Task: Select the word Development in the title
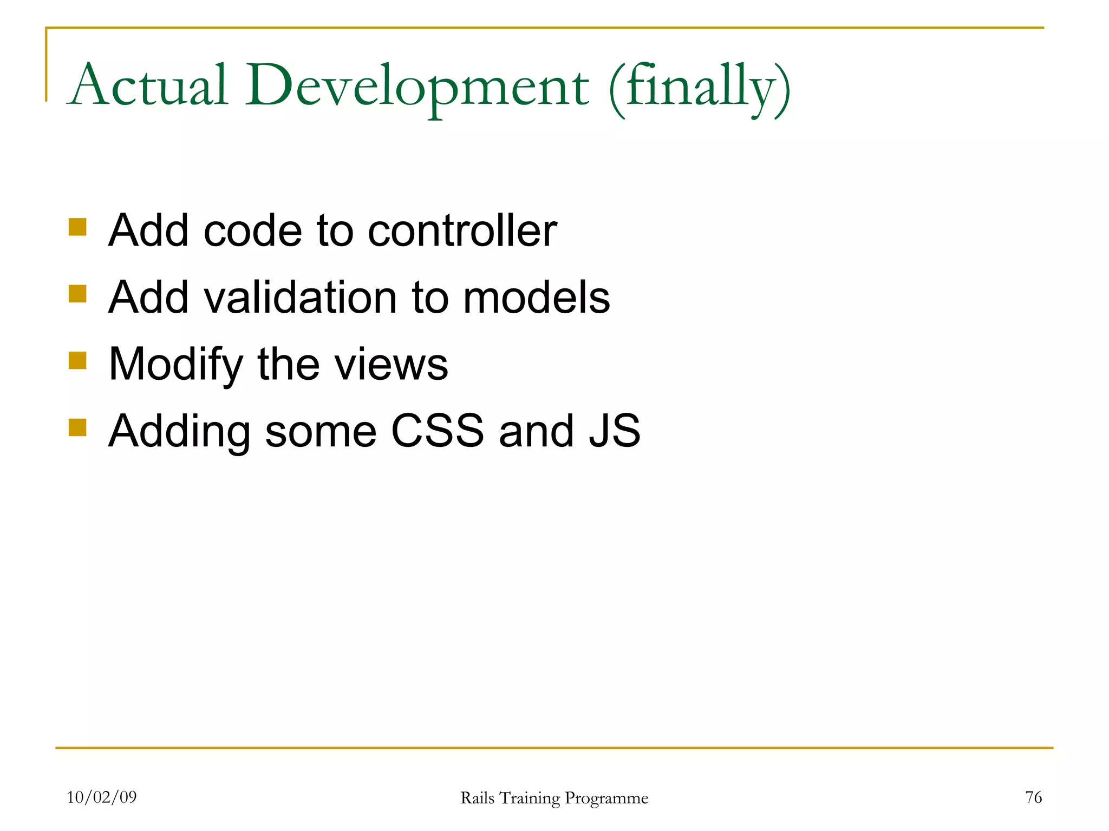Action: point(417,87)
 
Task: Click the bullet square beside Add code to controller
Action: point(77,227)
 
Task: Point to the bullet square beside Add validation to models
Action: point(77,294)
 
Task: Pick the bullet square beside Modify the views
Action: point(77,360)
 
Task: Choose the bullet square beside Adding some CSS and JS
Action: point(77,427)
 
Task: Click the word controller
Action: point(462,230)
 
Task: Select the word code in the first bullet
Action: point(252,230)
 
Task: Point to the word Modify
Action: point(175,365)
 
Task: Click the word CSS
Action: point(437,431)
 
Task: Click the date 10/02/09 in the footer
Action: point(102,797)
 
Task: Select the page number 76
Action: point(1033,797)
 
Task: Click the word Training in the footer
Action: point(529,799)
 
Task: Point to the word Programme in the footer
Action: point(606,799)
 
